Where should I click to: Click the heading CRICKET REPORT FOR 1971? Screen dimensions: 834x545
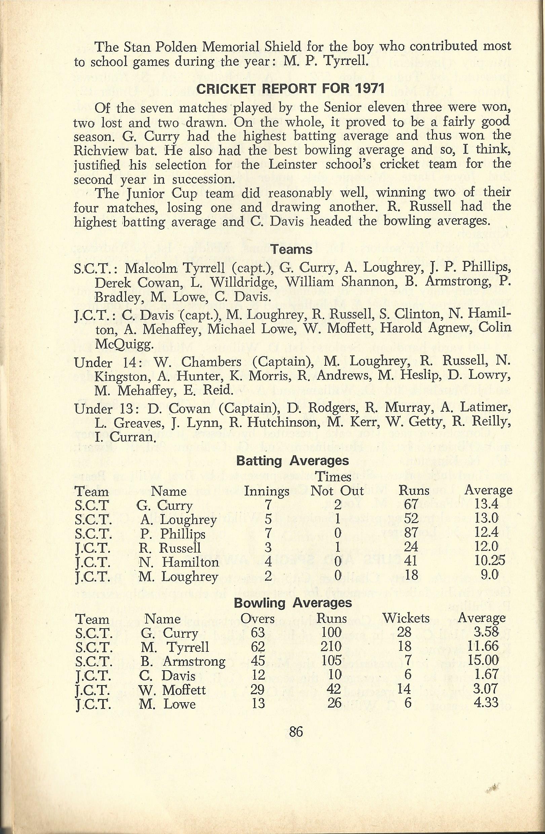290,89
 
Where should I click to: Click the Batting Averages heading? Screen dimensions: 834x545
293,460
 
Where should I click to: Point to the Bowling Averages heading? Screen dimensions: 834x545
293,602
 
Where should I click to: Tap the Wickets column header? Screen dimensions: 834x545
406,618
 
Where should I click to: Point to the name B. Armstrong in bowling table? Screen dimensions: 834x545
182,661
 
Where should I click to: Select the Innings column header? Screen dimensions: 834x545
266,491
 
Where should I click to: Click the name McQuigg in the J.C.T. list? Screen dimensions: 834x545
124,345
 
